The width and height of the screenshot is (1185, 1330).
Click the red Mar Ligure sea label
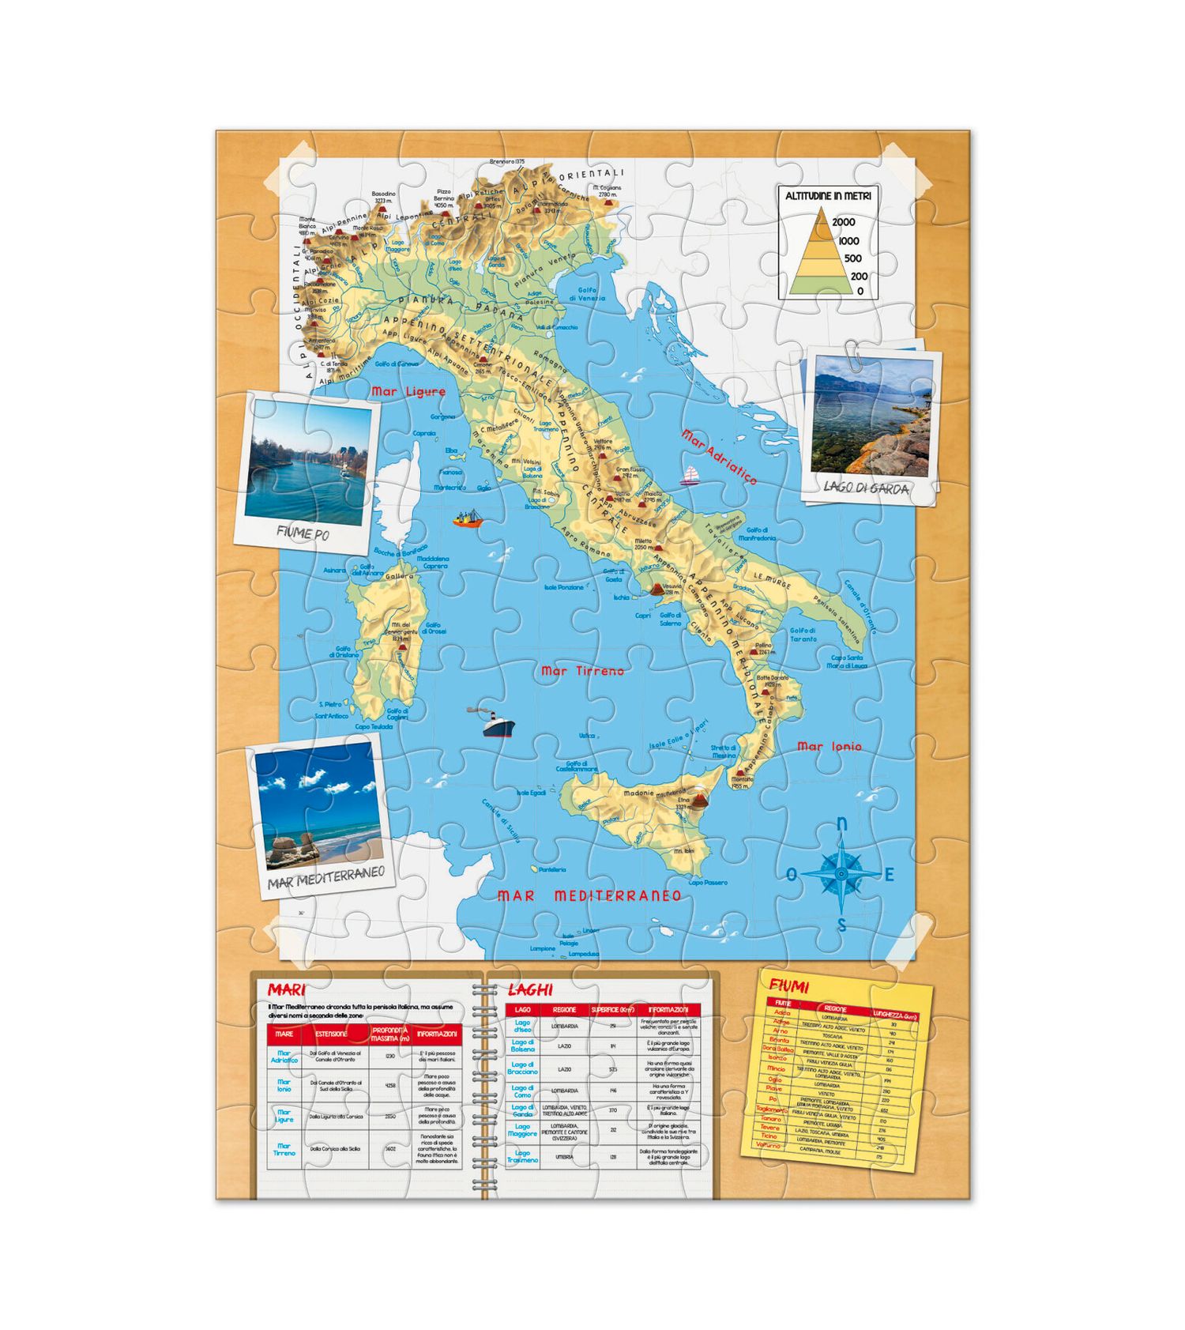[x=408, y=391]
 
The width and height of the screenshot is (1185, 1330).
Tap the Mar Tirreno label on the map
[x=582, y=671]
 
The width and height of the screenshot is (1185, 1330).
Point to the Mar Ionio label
[x=829, y=747]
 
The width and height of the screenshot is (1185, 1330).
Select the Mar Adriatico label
[x=719, y=457]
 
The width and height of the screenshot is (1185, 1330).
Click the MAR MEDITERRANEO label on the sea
[x=589, y=895]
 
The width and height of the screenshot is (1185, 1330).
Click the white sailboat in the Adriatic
[x=690, y=475]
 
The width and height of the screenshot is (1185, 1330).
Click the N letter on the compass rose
[x=841, y=825]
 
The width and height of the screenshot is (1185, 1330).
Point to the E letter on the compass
[x=889, y=875]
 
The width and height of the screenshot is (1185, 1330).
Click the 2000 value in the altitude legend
[x=843, y=222]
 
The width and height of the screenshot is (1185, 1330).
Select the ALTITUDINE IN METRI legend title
[x=828, y=195]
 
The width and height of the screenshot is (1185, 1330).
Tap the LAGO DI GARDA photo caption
[x=866, y=488]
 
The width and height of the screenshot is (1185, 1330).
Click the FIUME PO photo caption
[x=303, y=533]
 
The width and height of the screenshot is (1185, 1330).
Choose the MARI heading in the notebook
[x=286, y=989]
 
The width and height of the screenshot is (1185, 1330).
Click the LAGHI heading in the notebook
[x=530, y=989]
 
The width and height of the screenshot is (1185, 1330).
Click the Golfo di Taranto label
[x=803, y=635]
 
